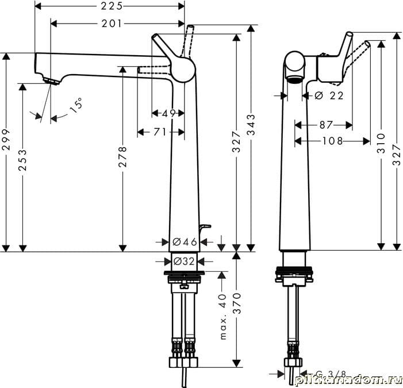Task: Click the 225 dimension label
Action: (112, 6)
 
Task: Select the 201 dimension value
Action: (112, 24)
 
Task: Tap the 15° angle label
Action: (76, 105)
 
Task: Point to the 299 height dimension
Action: (6, 140)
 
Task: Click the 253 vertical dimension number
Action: (22, 160)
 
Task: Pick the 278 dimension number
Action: (123, 157)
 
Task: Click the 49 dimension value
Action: (168, 113)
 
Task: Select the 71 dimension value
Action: (160, 132)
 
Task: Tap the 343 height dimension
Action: (251, 125)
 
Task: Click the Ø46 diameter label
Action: (185, 241)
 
